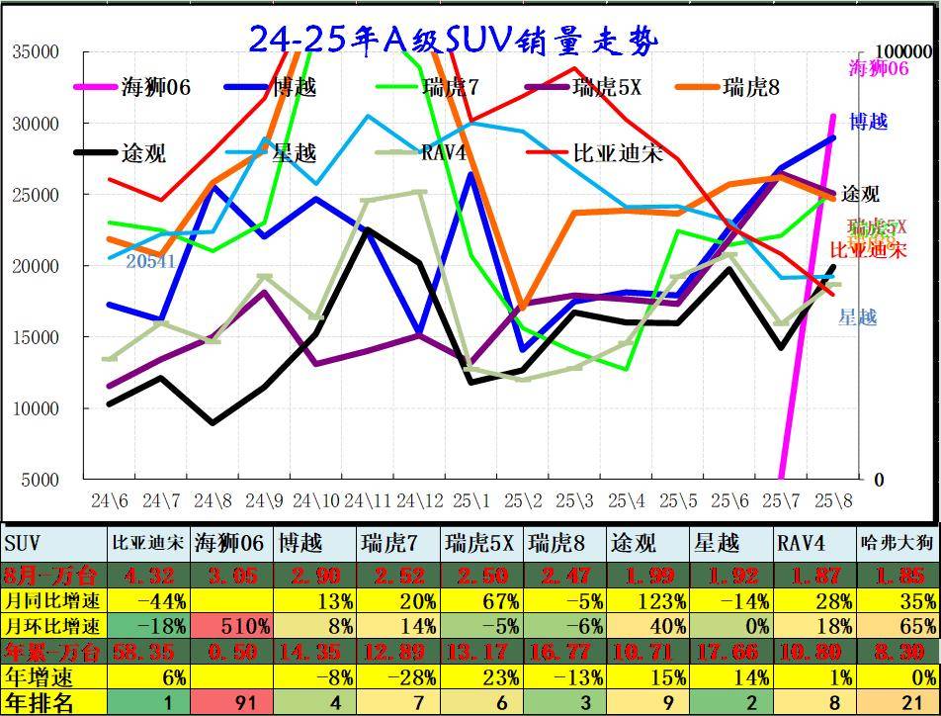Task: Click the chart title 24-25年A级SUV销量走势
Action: [453, 41]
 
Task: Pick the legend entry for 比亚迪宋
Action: [618, 153]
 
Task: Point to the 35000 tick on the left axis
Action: [36, 52]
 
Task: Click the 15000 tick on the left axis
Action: [36, 337]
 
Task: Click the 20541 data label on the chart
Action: [150, 261]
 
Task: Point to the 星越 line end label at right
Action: [857, 317]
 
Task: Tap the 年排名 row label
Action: [40, 703]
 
